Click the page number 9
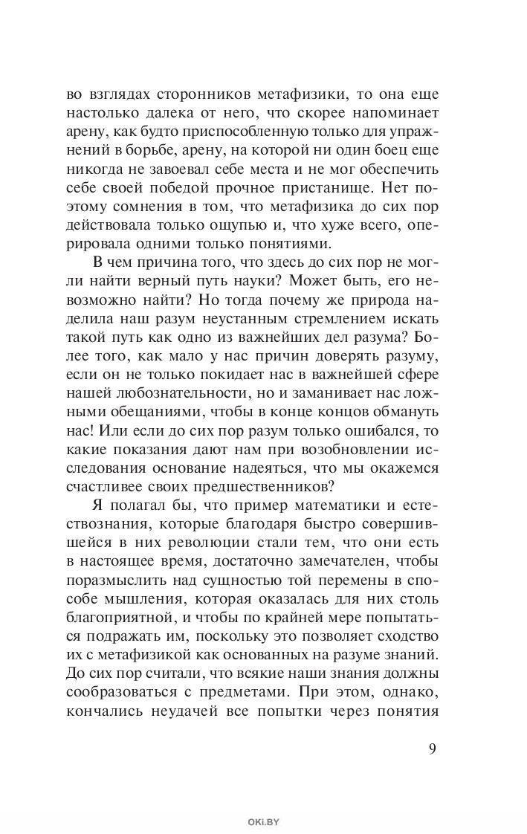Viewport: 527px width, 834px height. click(x=432, y=747)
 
